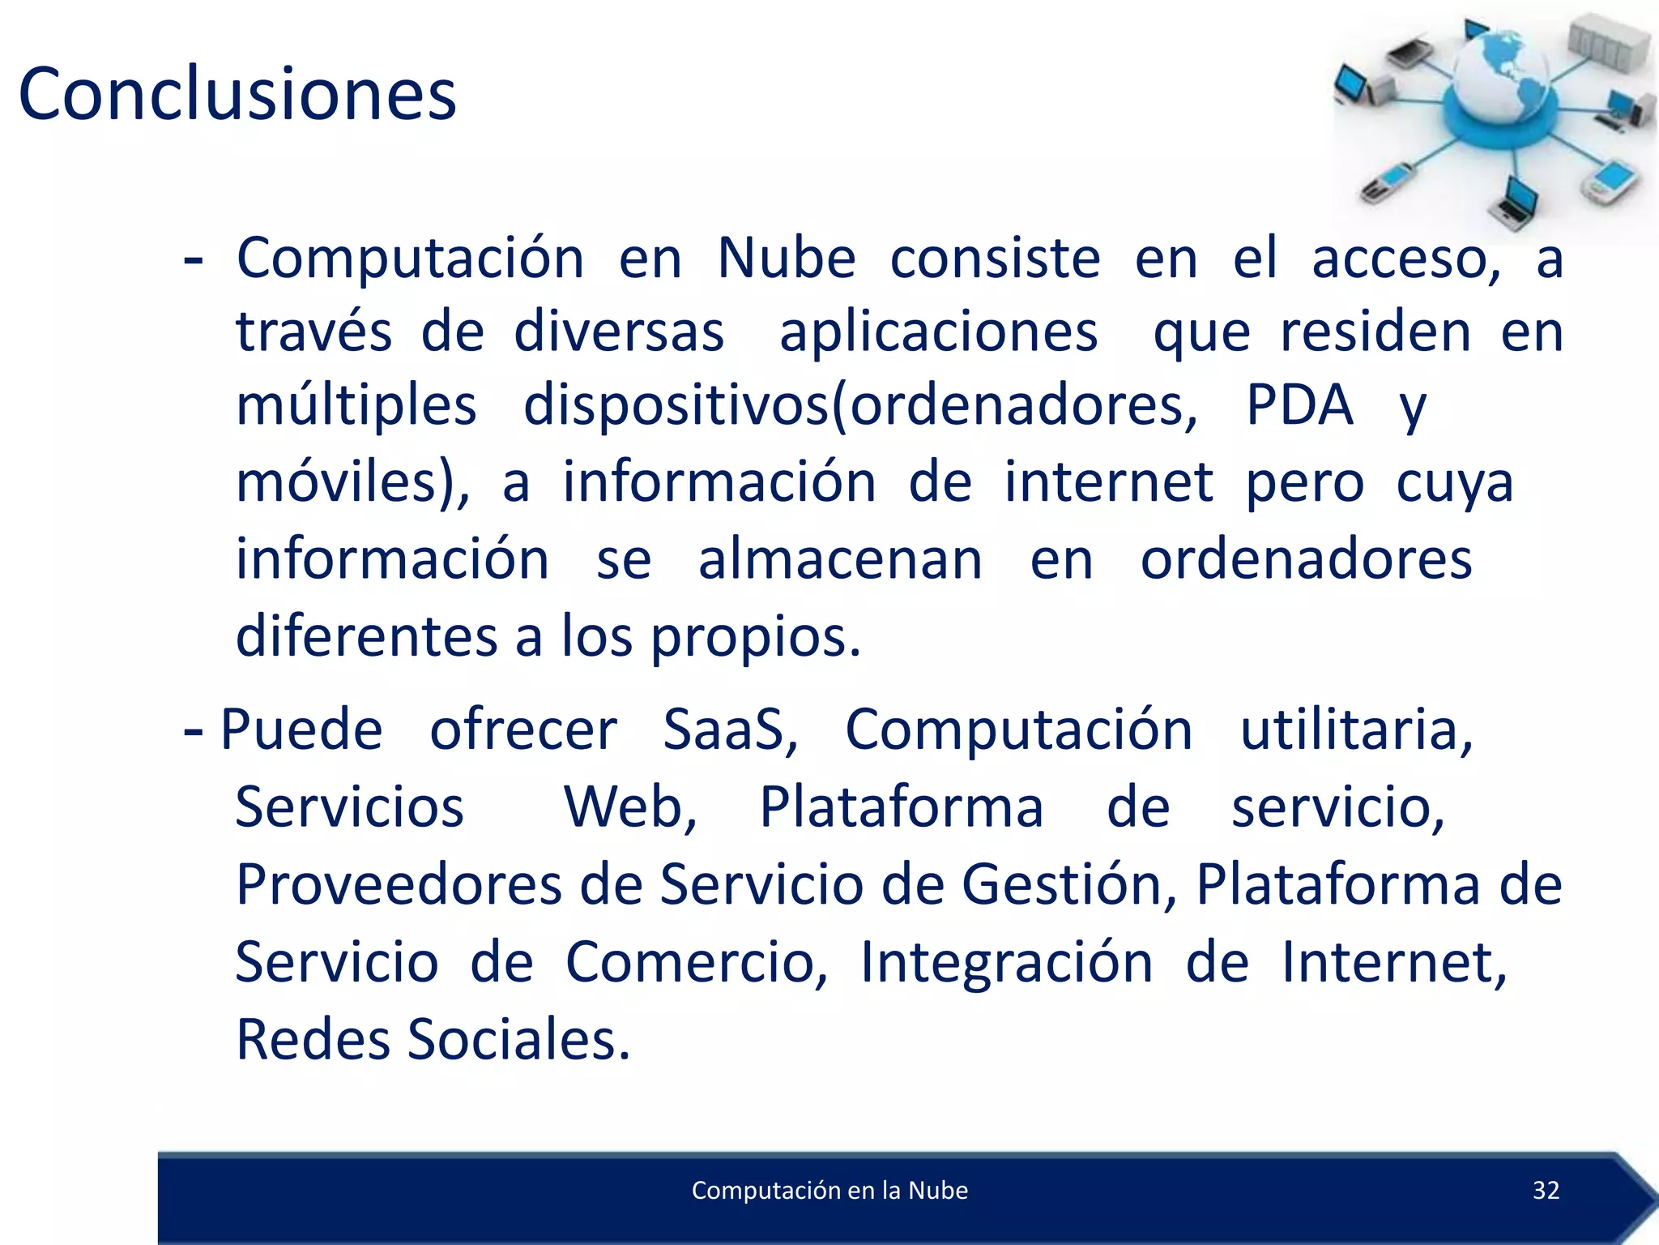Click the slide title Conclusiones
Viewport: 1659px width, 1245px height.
tap(237, 95)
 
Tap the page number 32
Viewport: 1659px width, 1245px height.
tap(1546, 1190)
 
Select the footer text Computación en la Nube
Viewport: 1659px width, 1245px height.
tap(829, 1190)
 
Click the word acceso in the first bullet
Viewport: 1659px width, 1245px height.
tap(1405, 259)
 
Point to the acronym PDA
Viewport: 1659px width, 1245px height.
tap(1299, 404)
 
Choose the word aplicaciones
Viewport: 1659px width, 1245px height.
tap(938, 332)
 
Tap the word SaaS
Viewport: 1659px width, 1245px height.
tap(730, 729)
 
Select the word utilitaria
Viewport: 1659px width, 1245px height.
tap(1356, 729)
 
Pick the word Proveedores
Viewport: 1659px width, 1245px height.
tap(399, 884)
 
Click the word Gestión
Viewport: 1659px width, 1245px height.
tap(1068, 884)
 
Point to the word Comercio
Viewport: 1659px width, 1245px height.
tap(696, 962)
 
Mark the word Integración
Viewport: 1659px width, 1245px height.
tap(1006, 962)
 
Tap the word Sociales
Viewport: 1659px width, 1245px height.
tap(518, 1039)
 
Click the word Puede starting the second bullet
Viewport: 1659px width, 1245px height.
tap(301, 729)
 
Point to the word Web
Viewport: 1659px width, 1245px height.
tap(629, 807)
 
